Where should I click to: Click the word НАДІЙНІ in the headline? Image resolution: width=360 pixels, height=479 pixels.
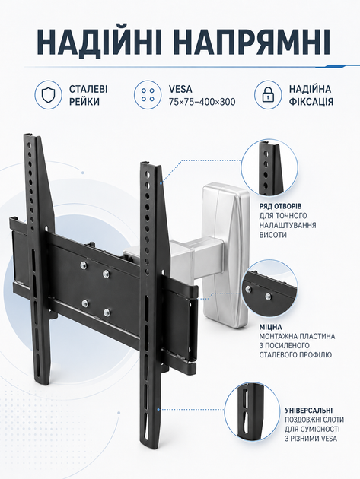point(100,42)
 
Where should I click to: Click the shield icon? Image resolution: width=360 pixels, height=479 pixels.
point(48,95)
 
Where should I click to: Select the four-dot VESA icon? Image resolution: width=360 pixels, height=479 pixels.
point(148,95)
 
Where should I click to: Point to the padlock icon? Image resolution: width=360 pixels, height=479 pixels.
point(268,95)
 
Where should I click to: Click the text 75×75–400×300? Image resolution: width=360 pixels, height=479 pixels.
point(202,102)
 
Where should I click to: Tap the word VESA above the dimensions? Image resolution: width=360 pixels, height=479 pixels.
point(180,89)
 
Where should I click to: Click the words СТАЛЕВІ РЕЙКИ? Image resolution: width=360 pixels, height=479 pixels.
point(88,95)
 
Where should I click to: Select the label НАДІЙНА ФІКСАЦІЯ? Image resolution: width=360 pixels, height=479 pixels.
point(311,95)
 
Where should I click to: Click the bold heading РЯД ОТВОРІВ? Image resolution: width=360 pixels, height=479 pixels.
point(281,206)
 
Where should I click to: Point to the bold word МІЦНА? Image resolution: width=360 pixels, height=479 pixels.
point(271,327)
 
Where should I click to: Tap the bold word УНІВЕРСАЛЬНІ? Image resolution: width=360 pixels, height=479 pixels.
point(308,411)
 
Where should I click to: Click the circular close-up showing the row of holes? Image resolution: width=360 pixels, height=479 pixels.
point(269,168)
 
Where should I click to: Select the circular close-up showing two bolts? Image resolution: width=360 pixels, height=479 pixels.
point(269,289)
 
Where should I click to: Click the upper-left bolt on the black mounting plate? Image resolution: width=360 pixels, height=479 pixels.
point(84,265)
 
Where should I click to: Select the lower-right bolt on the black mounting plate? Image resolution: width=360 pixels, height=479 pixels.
point(107,312)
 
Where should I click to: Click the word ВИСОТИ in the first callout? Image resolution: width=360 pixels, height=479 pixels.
point(273,235)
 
